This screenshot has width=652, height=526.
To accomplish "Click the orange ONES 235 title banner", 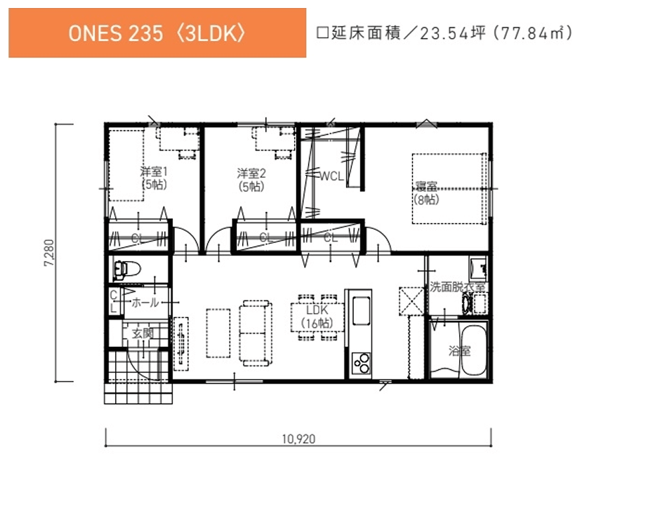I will click(x=157, y=33).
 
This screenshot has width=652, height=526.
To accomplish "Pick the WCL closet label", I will click(x=331, y=176).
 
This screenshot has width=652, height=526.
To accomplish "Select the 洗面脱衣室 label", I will click(x=456, y=288).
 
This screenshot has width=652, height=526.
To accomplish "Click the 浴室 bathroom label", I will click(x=459, y=351).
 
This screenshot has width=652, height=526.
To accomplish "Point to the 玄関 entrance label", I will click(x=142, y=333).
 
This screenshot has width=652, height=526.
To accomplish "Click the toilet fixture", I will click(x=128, y=270).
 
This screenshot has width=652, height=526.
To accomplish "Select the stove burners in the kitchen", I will click(x=362, y=363).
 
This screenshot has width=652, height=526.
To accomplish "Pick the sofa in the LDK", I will click(x=256, y=331).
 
